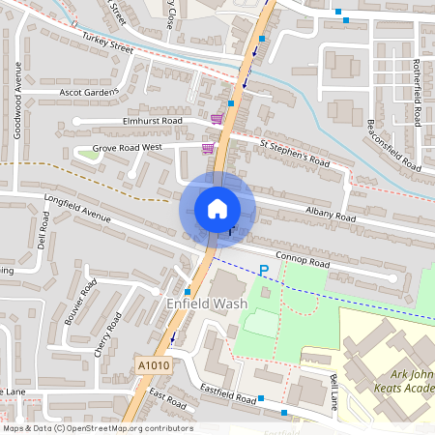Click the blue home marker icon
[217, 208]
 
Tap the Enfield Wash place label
[207, 304]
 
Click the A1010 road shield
[152, 365]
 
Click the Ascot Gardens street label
[89, 93]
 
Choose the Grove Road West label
[126, 149]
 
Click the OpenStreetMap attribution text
[98, 428]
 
